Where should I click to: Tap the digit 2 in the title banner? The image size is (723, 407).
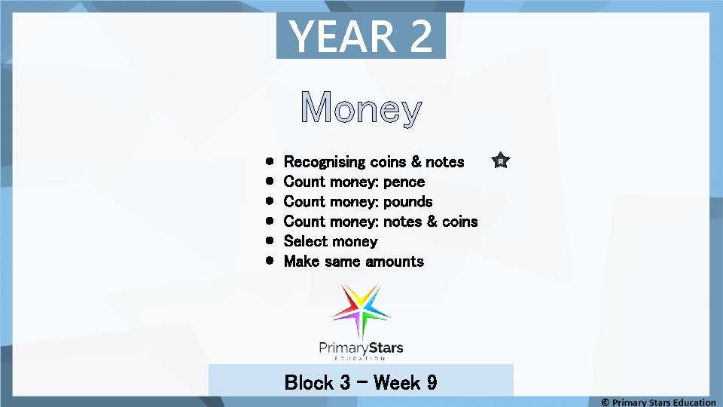coord(421,36)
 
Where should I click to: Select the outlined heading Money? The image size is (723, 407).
coord(361,109)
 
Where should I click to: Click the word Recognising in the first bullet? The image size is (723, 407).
coord(325,162)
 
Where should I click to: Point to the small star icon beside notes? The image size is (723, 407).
coord(501,161)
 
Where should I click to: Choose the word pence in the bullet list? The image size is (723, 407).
coord(404,182)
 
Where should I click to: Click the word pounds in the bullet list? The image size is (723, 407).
coord(407,202)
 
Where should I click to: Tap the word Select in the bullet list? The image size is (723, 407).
coord(306,241)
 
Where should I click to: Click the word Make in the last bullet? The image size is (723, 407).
coord(301,262)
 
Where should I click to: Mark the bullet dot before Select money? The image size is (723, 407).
coord(270,241)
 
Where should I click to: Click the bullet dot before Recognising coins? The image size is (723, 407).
coord(270,161)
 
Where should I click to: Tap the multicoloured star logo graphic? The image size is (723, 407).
coord(361,310)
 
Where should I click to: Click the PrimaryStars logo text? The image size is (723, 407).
coord(361,348)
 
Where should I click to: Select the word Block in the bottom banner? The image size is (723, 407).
coord(309,382)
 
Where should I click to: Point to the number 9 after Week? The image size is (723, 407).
coord(432,382)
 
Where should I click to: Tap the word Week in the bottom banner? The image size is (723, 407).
coord(397,382)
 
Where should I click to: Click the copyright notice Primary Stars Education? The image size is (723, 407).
coord(658,402)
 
